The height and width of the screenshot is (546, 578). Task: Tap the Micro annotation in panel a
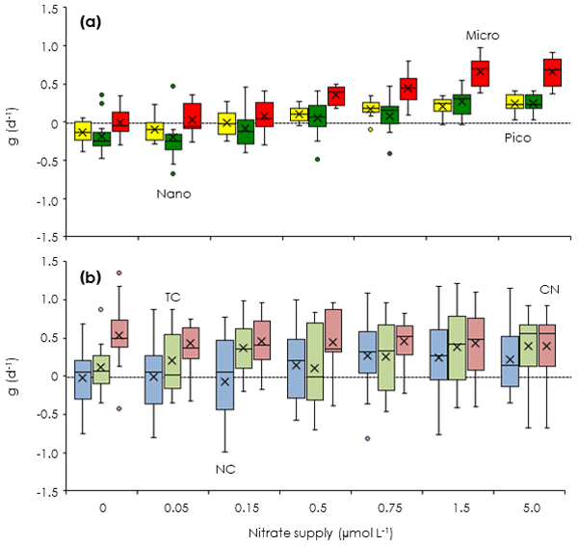pos(483,35)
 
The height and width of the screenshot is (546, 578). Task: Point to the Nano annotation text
pos(173,194)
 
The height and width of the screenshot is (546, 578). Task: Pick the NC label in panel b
pos(225,469)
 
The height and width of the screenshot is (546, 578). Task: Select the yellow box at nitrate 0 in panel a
pos(83,131)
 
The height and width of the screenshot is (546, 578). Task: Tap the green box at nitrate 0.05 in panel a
pos(173,142)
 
